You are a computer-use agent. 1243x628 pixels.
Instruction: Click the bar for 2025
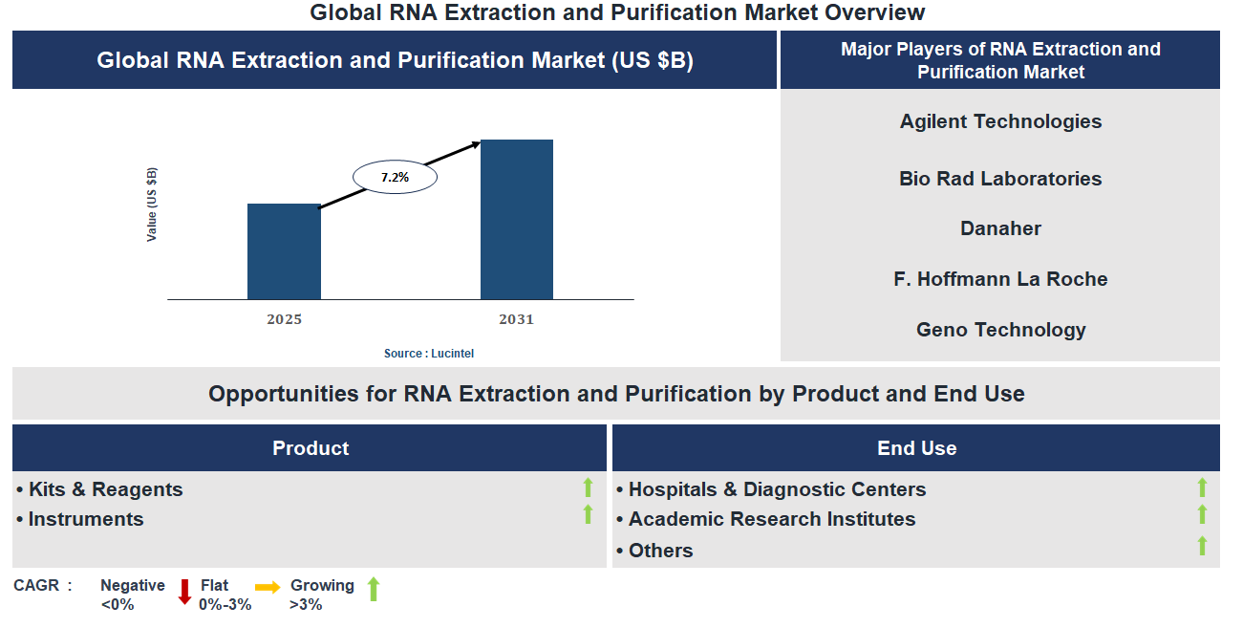[284, 251]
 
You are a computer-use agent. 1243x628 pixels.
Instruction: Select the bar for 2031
[516, 220]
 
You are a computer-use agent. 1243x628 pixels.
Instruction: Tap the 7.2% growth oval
[395, 177]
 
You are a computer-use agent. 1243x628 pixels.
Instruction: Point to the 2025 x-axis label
[284, 319]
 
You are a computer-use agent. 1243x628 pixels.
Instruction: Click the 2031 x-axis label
[516, 319]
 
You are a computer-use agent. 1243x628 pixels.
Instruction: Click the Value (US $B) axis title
[152, 205]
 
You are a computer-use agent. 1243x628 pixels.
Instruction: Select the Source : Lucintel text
[429, 354]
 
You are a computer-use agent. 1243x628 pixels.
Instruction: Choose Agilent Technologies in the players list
[1000, 121]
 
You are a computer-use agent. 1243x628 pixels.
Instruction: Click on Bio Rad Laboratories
[1000, 179]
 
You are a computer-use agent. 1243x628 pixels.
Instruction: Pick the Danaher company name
[1000, 228]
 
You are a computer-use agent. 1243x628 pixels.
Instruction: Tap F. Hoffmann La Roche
[1000, 279]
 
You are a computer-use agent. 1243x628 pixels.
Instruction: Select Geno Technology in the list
[1000, 330]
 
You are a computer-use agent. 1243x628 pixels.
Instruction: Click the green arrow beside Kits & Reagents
[589, 487]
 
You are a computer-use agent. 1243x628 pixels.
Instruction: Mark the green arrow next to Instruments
[589, 515]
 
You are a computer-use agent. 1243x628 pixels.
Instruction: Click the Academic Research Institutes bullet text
[771, 519]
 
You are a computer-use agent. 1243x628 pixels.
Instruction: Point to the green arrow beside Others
[1202, 546]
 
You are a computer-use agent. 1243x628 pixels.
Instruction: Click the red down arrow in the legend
[185, 593]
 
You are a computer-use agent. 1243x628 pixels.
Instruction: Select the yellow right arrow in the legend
[268, 588]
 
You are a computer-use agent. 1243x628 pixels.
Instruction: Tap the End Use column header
[916, 448]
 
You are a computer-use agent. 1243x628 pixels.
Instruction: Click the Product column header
[311, 448]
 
